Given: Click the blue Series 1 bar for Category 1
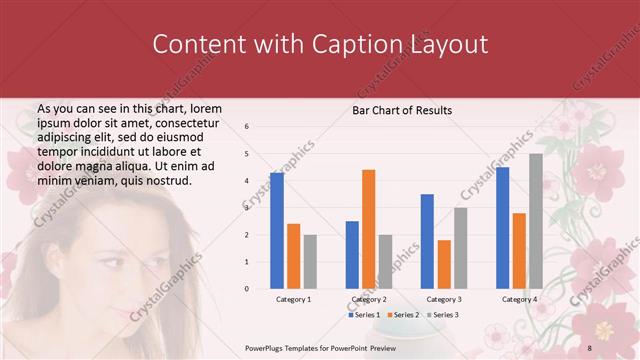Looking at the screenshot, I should pyautogui.click(x=277, y=231).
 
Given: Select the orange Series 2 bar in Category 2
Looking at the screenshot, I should pyautogui.click(x=368, y=229).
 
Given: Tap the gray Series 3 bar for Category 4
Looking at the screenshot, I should pyautogui.click(x=536, y=221).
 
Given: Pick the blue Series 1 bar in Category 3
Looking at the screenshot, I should pyautogui.click(x=427, y=241).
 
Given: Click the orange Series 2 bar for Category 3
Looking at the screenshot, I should pyautogui.click(x=444, y=264).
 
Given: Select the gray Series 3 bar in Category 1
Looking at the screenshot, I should pyautogui.click(x=310, y=261).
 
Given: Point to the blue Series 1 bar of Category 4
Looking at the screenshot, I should pyautogui.click(x=502, y=228).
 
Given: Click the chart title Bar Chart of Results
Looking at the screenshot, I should pyautogui.click(x=402, y=110).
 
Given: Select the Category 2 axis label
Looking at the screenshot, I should pyautogui.click(x=368, y=299).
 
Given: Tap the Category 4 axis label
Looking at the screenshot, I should pyautogui.click(x=519, y=299).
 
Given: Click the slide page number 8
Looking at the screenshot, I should pyautogui.click(x=590, y=346).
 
